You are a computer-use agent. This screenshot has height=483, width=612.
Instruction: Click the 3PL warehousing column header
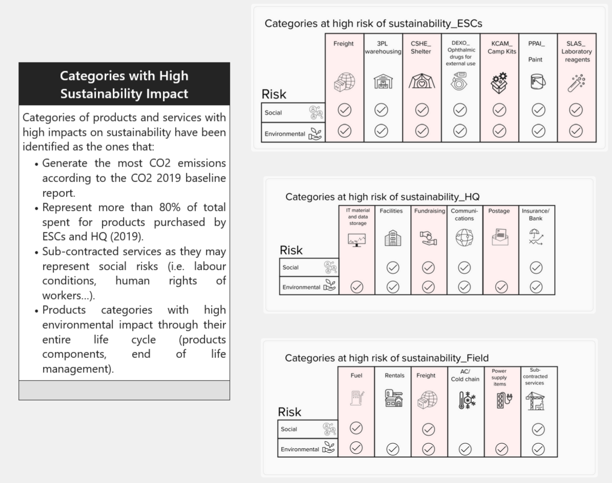click(383, 47)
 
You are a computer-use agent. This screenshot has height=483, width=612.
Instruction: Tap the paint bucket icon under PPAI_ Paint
click(538, 82)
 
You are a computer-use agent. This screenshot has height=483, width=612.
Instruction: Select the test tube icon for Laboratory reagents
click(577, 83)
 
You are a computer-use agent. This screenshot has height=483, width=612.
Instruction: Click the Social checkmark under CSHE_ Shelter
click(421, 110)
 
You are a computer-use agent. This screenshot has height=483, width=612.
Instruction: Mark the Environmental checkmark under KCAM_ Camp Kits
click(499, 131)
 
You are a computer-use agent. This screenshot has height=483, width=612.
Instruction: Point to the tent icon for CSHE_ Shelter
click(421, 81)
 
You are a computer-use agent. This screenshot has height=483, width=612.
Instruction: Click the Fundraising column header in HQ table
click(429, 211)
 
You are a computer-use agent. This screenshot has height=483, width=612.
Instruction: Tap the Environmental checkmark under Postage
click(501, 287)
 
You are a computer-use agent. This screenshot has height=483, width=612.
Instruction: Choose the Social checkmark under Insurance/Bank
click(536, 268)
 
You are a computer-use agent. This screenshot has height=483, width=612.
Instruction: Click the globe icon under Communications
click(464, 237)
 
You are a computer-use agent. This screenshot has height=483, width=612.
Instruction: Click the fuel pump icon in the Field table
click(357, 398)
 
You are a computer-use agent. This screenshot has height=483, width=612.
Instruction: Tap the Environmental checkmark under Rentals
click(393, 449)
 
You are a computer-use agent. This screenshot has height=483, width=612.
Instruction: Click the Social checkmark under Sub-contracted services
click(538, 430)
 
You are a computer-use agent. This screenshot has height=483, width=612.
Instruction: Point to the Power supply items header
click(499, 377)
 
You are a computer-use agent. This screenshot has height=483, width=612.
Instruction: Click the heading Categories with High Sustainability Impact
click(124, 85)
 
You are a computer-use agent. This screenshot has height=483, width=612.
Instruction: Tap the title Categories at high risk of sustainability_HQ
click(383, 196)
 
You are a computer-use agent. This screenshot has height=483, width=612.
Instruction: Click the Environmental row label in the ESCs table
click(285, 134)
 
